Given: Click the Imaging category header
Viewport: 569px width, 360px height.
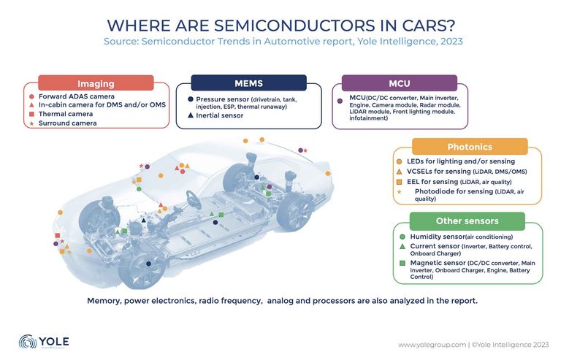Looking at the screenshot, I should (x=96, y=83).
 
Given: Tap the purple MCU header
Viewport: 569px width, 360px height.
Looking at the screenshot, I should (x=399, y=83).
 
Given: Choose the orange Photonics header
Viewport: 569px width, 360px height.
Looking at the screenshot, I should (x=470, y=147).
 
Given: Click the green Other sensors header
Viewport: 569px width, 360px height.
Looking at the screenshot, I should (x=467, y=221).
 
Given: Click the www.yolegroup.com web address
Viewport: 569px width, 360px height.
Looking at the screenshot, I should (x=428, y=344).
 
